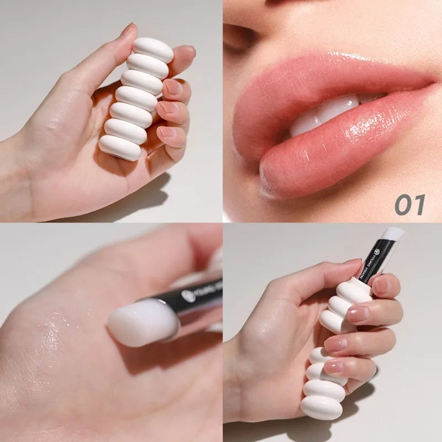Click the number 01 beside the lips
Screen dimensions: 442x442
[x=409, y=204]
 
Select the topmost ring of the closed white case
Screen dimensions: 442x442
[x=153, y=49]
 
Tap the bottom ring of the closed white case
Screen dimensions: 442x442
[x=120, y=148]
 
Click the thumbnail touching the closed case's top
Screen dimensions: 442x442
[x=128, y=30]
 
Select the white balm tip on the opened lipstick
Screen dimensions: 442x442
[x=393, y=233]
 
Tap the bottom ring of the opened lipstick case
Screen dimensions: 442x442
[x=322, y=408]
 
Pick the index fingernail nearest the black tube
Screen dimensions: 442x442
[x=381, y=286]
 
